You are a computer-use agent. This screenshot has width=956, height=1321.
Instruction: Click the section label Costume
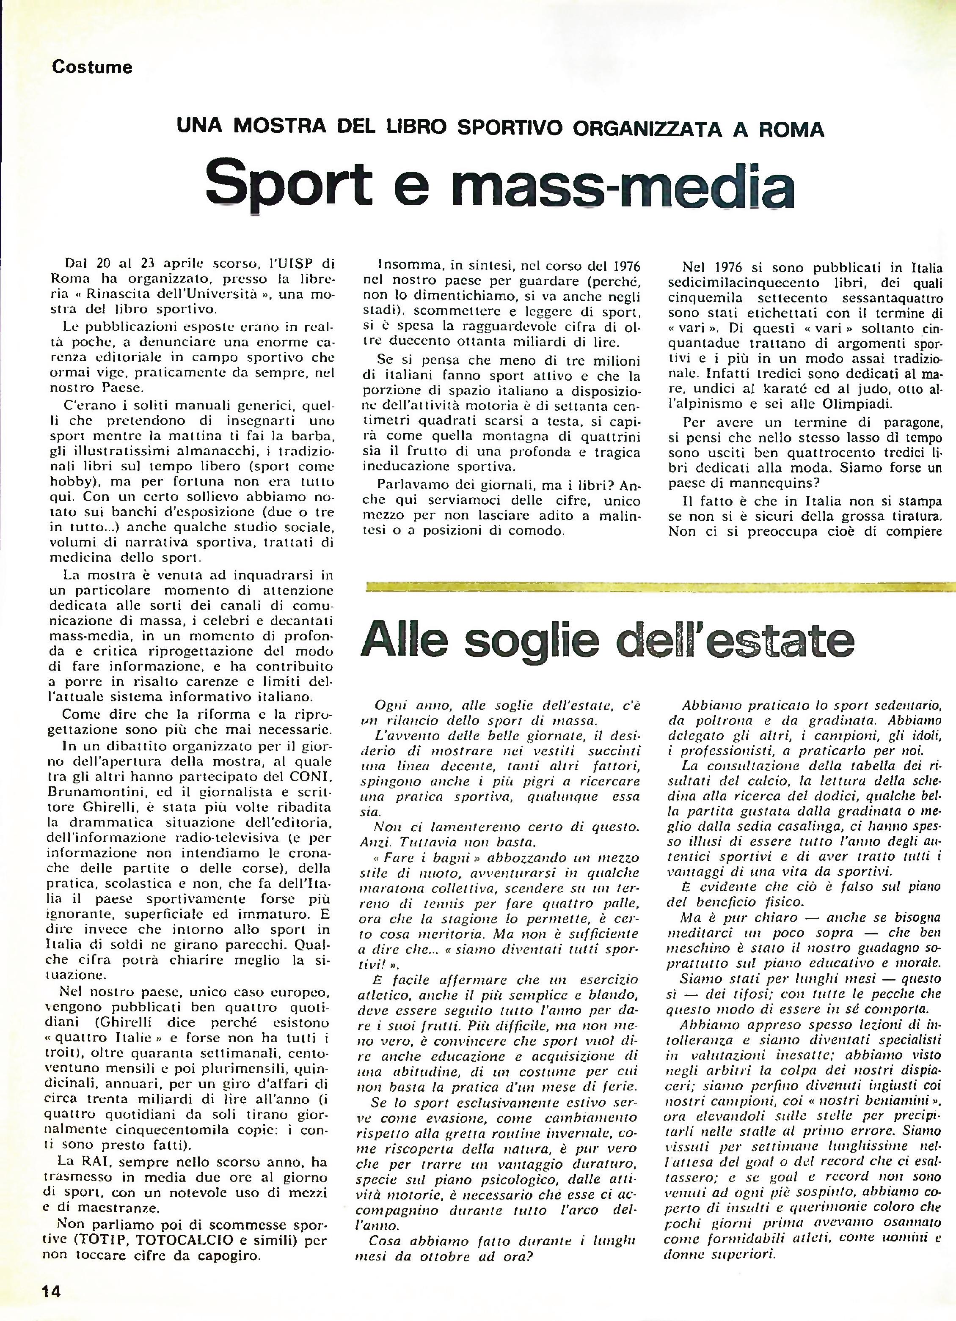(x=92, y=68)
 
